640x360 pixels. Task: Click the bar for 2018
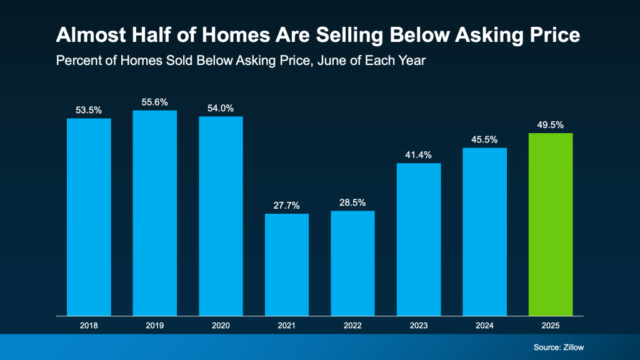tap(89, 217)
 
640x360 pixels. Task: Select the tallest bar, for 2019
tap(155, 213)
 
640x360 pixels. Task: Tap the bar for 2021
tap(287, 264)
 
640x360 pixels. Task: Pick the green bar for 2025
tap(551, 224)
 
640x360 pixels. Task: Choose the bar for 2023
tap(419, 239)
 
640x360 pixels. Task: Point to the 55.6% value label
tap(155, 102)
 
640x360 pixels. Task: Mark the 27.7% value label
tap(287, 205)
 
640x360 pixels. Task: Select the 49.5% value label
tap(551, 124)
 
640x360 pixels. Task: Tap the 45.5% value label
tap(485, 139)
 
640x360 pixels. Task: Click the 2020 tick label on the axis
tap(221, 325)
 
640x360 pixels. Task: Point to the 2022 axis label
tap(352, 325)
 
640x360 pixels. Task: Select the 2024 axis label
tap(485, 325)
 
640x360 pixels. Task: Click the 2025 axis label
tap(551, 325)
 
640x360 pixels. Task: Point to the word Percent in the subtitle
tap(76, 61)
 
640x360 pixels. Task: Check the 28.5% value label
tap(352, 202)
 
